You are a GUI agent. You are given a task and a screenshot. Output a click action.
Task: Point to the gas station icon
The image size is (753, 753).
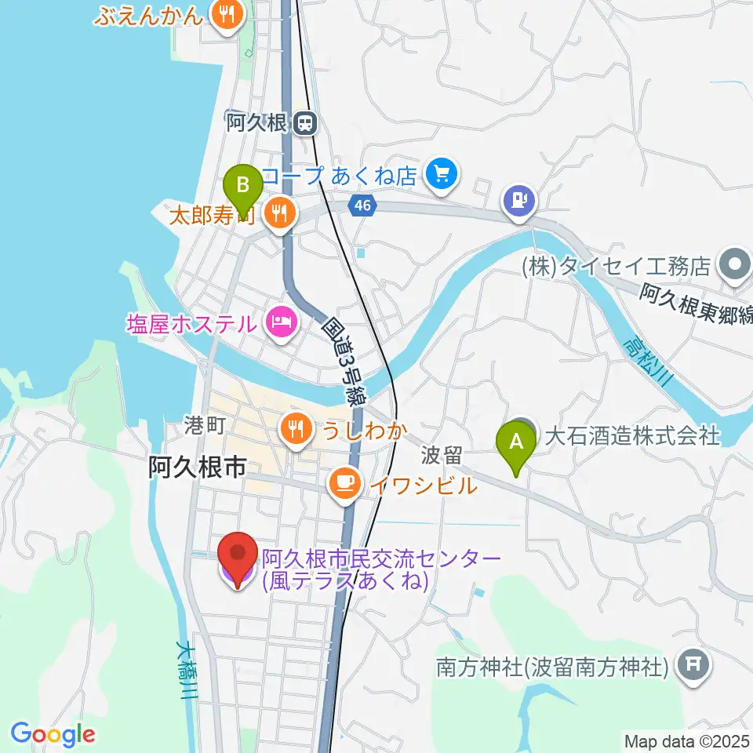(x=519, y=199)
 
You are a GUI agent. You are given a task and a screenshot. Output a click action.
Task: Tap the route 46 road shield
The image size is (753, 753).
(x=362, y=206)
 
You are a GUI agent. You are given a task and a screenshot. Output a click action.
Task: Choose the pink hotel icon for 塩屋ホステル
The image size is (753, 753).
(x=279, y=322)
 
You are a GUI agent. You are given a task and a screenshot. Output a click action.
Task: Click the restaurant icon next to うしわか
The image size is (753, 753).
(x=296, y=429)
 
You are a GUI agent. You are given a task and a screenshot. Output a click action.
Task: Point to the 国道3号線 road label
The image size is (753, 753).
(x=344, y=360)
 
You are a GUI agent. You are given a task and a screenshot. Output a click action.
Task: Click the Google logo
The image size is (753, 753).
(x=53, y=734)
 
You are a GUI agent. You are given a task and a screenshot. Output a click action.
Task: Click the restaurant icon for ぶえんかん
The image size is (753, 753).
(x=227, y=14)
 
